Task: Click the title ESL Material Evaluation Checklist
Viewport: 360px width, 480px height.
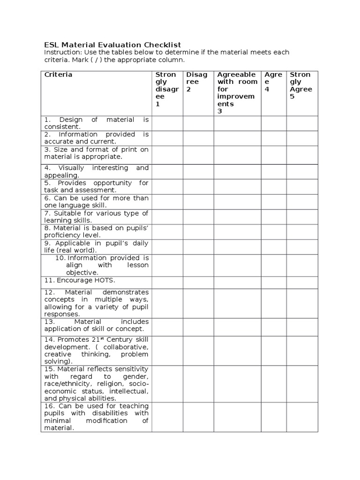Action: click(x=112, y=45)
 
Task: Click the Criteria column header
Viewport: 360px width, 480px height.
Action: click(x=58, y=75)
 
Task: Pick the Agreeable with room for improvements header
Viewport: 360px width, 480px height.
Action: click(x=237, y=92)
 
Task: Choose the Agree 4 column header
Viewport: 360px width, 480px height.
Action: click(x=273, y=82)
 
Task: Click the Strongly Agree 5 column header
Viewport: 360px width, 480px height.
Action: click(x=302, y=85)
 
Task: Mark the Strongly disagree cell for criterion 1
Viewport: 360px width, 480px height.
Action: click(x=167, y=123)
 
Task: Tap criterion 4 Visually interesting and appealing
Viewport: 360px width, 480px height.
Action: click(x=96, y=171)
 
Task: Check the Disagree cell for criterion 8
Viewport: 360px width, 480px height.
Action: click(x=198, y=232)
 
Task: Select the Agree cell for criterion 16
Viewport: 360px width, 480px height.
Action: click(x=273, y=417)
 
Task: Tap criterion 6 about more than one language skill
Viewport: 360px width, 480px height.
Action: click(x=96, y=202)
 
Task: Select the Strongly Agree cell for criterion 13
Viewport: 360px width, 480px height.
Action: click(x=302, y=325)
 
